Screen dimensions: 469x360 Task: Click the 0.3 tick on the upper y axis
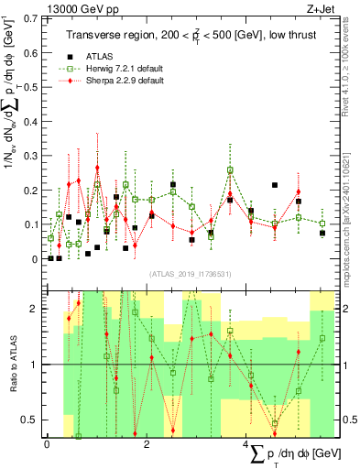pyautogui.click(x=30, y=155)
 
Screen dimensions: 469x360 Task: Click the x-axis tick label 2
pyautogui.click(x=147, y=444)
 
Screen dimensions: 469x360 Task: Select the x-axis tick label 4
pyautogui.click(x=247, y=444)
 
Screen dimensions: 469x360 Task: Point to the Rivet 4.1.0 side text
pyautogui.click(x=345, y=64)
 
